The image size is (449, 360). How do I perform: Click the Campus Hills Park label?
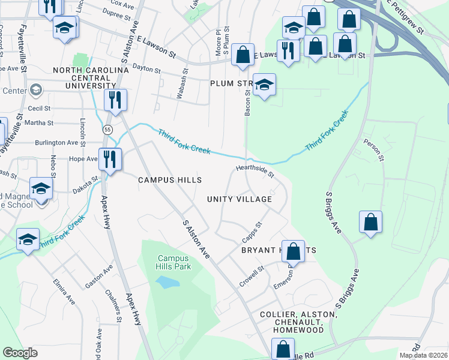point(173,262)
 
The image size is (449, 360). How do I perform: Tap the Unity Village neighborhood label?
point(240,199)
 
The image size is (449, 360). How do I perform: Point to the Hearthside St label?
point(255,172)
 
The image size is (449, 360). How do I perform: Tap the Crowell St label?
point(252,275)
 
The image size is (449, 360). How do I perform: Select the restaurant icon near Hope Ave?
point(110,159)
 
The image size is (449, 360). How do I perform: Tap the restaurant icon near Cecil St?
point(115,100)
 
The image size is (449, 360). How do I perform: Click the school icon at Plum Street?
point(264,85)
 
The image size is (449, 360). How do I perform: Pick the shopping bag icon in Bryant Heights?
point(294,251)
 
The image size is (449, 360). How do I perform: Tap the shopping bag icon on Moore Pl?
point(242,55)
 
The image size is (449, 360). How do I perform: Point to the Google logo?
point(20,353)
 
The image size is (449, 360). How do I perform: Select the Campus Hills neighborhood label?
point(169,180)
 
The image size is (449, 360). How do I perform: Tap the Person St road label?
point(373,151)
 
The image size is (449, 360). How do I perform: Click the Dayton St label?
point(146,70)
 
